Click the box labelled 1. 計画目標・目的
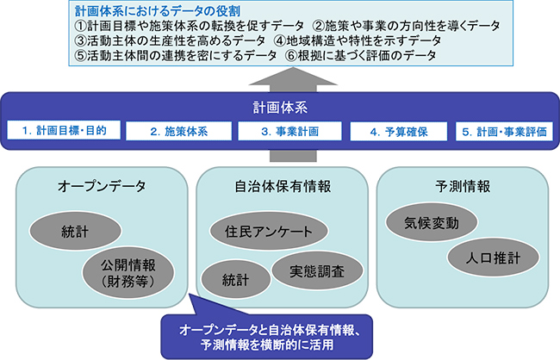pos(64,130)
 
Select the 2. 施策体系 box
pos(179,132)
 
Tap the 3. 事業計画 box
pos(290,132)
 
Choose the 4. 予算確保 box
pos(399,132)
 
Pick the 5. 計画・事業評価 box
pos(504,132)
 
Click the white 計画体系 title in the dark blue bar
pos(280,108)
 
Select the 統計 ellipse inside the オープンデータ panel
pos(75,231)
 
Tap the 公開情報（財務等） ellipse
pos(128,273)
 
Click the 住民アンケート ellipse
pos(269,231)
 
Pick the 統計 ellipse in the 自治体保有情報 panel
pos(236,279)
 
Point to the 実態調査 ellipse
pos(317,271)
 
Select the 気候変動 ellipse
pos(432,222)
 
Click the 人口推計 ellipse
pos(493,258)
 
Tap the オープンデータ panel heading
pos(102,186)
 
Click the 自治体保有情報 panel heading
pos(283,186)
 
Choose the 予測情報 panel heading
pos(463,186)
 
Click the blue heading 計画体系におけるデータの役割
pos(158,10)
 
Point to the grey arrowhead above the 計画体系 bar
pos(293,77)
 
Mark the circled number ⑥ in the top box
pos(291,56)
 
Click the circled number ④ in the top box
pos(280,40)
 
